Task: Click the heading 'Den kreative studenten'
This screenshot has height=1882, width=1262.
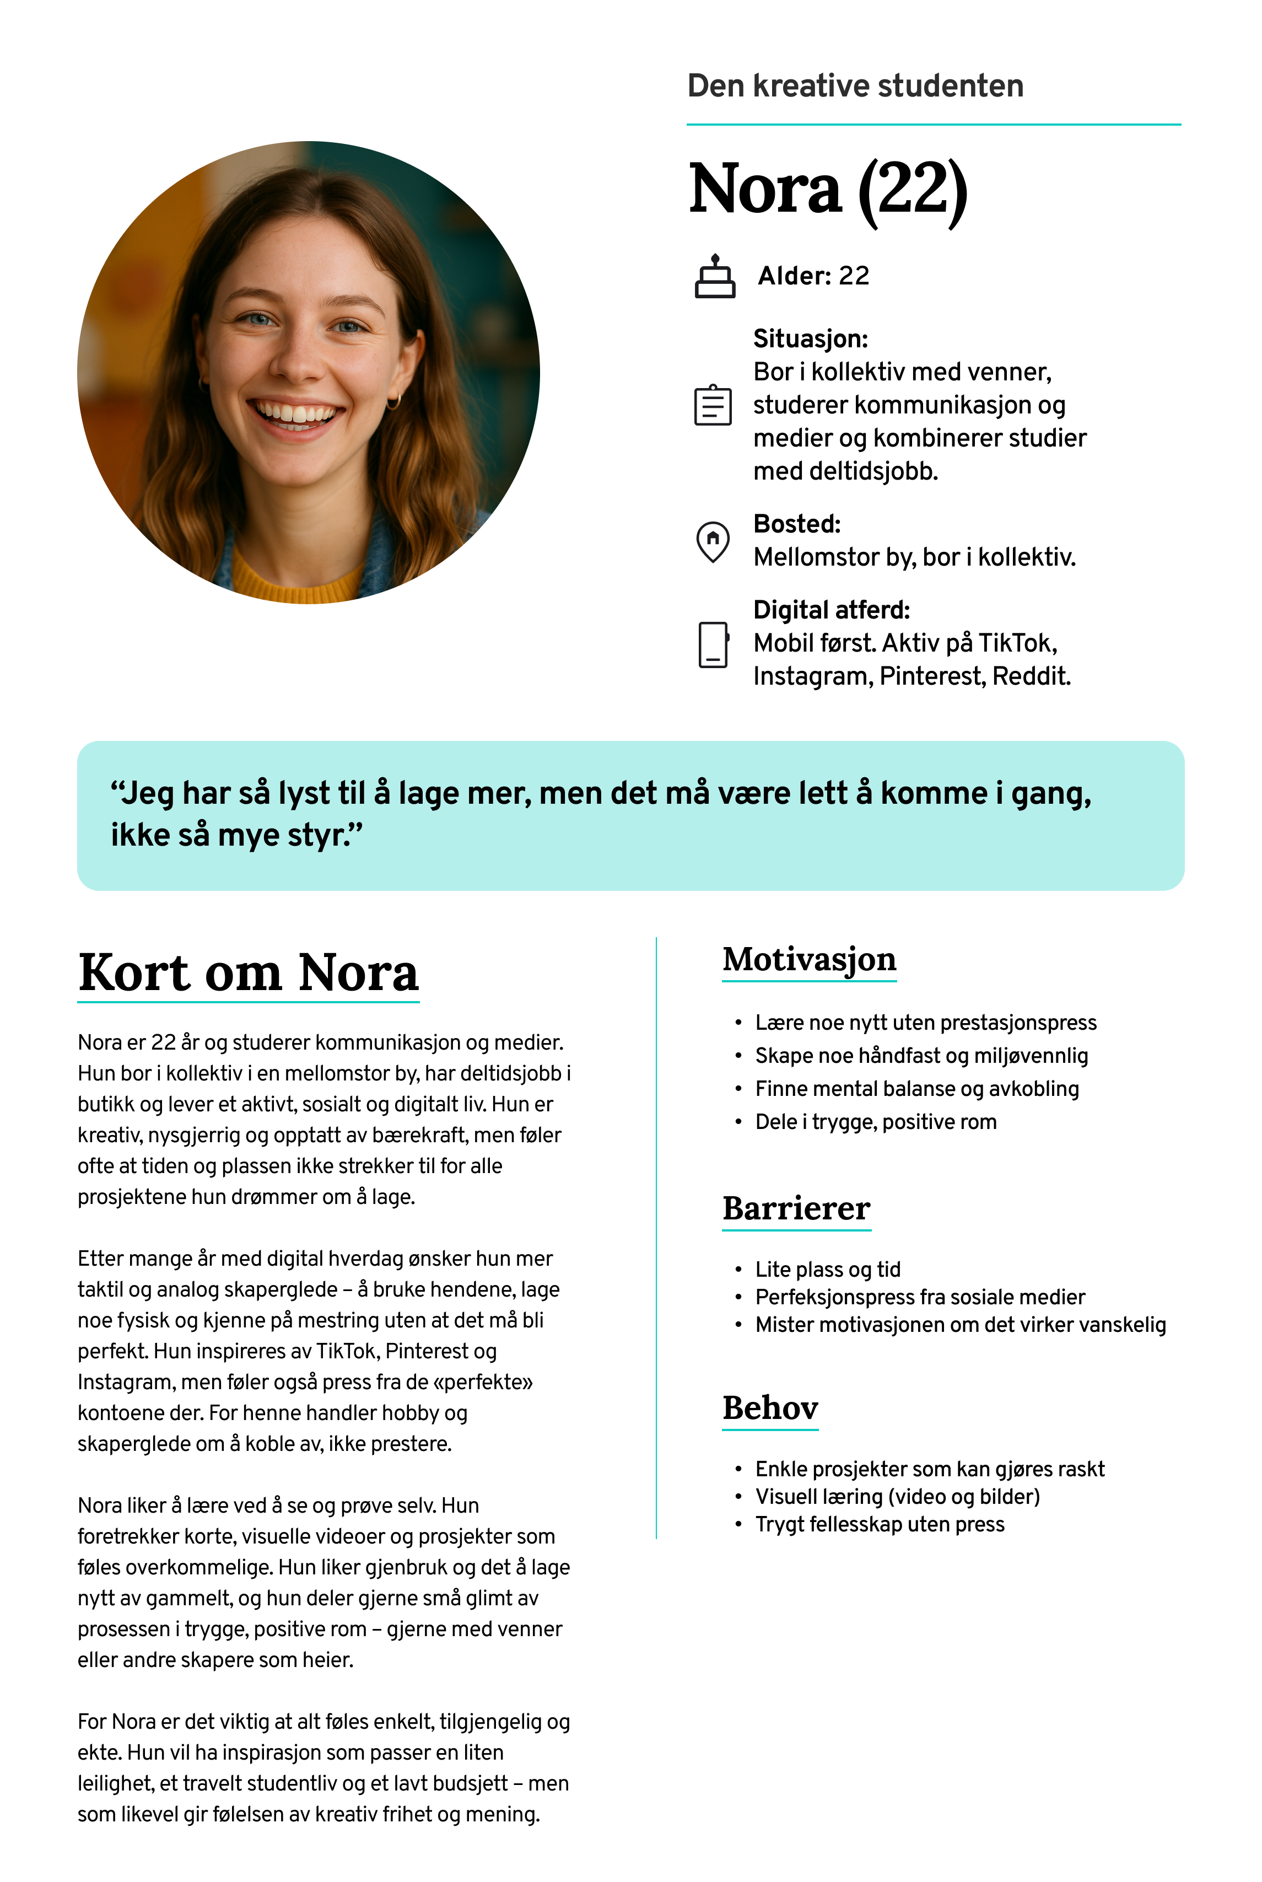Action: pos(855,85)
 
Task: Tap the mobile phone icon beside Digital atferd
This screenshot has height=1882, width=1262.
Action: pos(713,645)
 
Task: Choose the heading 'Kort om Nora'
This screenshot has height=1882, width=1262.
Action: pos(249,972)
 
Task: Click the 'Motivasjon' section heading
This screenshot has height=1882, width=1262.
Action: pos(809,960)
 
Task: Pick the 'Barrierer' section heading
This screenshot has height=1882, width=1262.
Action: pos(796,1208)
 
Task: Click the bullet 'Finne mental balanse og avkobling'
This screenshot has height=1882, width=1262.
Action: pos(916,1089)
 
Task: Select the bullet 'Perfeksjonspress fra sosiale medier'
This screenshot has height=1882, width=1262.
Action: pos(920,1297)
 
